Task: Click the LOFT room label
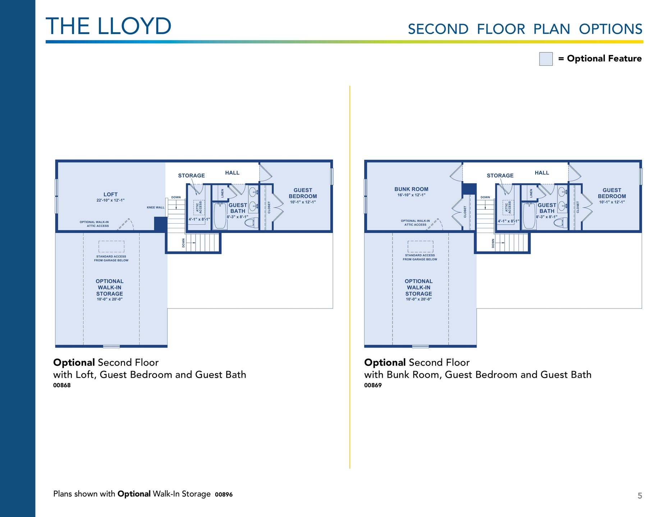tap(110, 194)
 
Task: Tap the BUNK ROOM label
tap(411, 189)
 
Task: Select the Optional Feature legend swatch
tap(546, 59)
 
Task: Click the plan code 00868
tap(62, 385)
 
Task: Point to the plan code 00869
tap(373, 385)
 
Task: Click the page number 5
tap(640, 496)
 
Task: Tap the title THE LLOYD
tap(109, 26)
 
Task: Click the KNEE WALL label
tap(155, 208)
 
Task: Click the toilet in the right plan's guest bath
tap(560, 223)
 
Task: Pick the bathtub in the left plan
tap(220, 216)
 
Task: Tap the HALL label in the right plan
tap(542, 173)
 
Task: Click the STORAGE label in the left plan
tap(191, 176)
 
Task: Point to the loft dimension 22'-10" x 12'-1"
tap(110, 200)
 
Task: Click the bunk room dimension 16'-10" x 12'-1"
tap(411, 195)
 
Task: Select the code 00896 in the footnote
tap(224, 494)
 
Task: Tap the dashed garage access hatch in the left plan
tap(111, 247)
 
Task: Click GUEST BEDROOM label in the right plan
tap(612, 193)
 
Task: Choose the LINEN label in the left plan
tap(222, 193)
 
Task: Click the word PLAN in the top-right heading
tap(552, 29)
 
